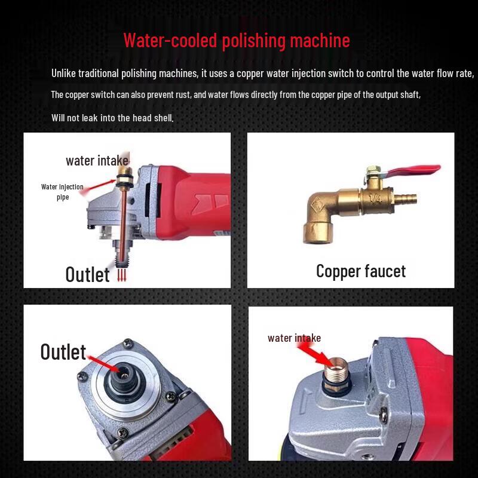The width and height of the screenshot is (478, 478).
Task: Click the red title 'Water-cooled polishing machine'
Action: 237,41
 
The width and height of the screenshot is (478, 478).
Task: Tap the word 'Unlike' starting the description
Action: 64,73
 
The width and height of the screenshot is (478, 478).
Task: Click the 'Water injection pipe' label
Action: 62,192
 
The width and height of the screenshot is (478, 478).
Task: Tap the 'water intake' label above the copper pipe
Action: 97,160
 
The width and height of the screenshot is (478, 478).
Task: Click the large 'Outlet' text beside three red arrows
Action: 88,274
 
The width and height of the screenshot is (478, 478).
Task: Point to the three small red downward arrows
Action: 122,275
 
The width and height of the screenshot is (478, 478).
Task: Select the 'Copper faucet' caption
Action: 360,271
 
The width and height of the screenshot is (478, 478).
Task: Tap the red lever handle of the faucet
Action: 412,172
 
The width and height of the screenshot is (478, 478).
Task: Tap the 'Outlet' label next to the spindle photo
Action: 63,352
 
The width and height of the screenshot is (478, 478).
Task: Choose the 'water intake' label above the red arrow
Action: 294,338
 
